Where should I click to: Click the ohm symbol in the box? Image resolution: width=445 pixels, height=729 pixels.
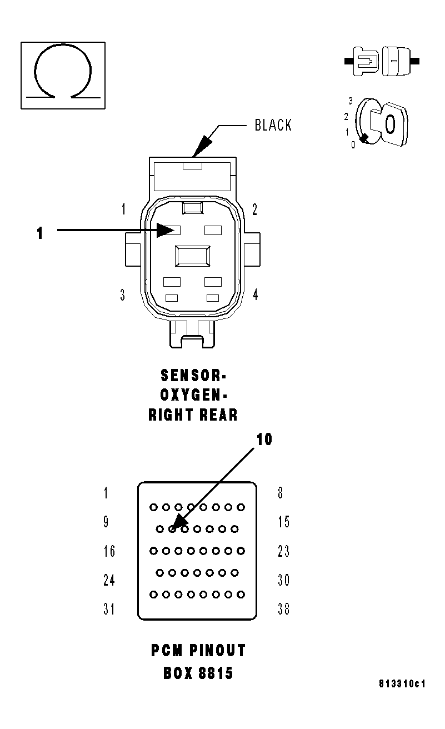pyautogui.click(x=62, y=74)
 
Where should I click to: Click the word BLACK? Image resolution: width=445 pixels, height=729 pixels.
pyautogui.click(x=273, y=125)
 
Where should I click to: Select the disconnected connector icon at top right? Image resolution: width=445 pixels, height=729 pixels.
pyautogui.click(x=382, y=60)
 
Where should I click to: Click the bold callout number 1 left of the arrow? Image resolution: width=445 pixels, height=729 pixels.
pyautogui.click(x=39, y=233)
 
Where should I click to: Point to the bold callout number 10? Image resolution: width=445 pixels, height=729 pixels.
pyautogui.click(x=264, y=439)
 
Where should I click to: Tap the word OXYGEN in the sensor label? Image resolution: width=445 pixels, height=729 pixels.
pyautogui.click(x=193, y=395)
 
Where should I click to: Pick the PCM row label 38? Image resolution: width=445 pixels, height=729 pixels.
pyautogui.click(x=283, y=610)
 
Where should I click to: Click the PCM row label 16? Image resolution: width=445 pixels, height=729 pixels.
pyautogui.click(x=109, y=551)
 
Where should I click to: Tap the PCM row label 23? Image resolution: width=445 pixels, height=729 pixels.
pyautogui.click(x=283, y=551)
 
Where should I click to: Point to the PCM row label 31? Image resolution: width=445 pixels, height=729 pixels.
pyautogui.click(x=109, y=610)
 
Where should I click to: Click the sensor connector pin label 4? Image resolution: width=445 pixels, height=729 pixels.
pyautogui.click(x=256, y=294)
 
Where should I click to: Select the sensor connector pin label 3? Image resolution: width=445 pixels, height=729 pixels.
pyautogui.click(x=122, y=294)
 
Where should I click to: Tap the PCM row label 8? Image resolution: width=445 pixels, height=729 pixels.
pyautogui.click(x=280, y=493)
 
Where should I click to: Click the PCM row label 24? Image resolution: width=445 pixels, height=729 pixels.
pyautogui.click(x=109, y=580)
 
